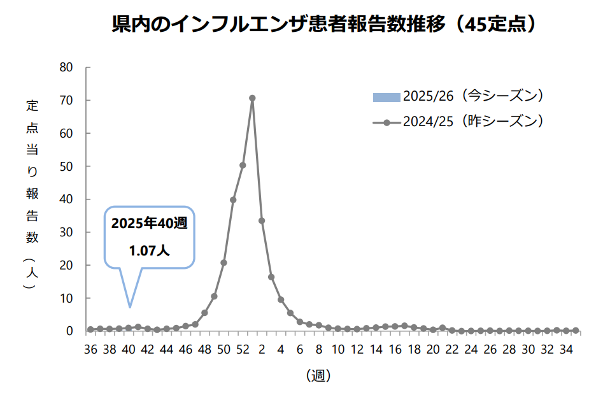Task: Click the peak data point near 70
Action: coord(252,98)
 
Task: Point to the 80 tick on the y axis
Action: coord(67,68)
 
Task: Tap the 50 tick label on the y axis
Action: coord(67,166)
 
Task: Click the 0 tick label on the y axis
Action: coord(70,331)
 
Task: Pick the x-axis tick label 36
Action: coord(90,349)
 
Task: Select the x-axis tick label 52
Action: coord(243,349)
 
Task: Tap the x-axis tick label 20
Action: coord(433,349)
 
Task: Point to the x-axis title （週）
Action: coord(318,375)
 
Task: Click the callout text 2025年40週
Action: coord(149,225)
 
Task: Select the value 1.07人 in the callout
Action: coord(149,251)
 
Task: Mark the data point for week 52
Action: coord(243,165)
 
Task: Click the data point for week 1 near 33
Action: coord(262,220)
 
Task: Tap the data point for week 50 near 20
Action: coord(223,262)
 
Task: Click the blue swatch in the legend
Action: coord(387,97)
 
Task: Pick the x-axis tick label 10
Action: coord(338,349)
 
